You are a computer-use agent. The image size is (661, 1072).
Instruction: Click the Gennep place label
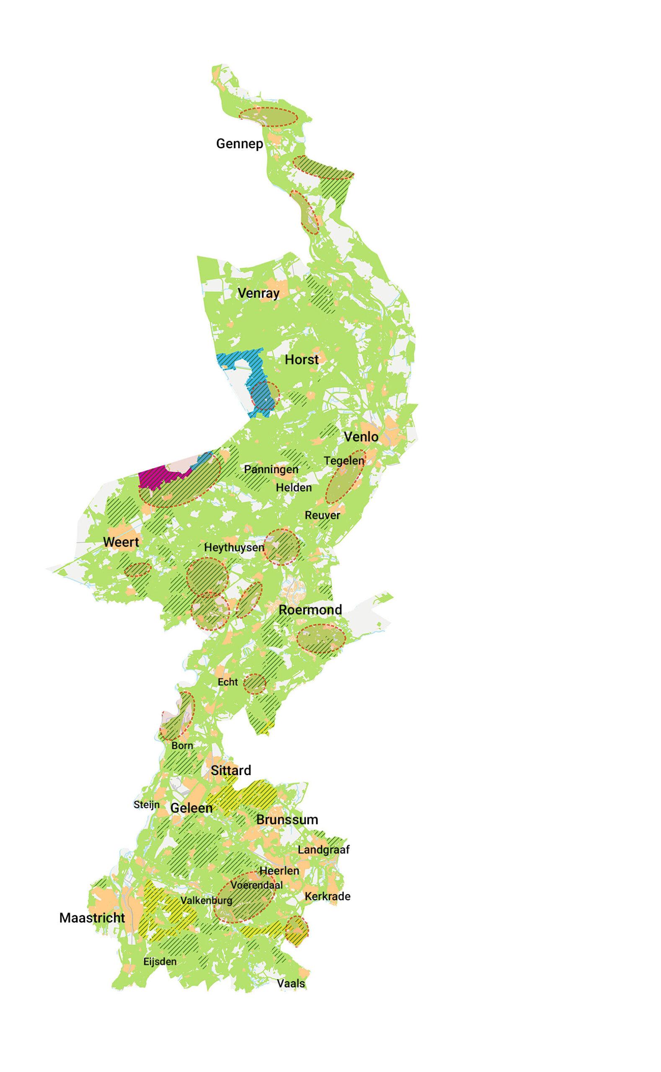click(240, 144)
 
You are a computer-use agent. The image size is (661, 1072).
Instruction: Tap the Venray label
click(258, 293)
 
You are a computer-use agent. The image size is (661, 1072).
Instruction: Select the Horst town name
click(302, 360)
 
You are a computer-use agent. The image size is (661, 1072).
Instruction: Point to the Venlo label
click(361, 437)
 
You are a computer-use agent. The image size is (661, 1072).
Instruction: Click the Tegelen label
click(343, 461)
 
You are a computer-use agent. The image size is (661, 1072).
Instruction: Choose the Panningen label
click(271, 469)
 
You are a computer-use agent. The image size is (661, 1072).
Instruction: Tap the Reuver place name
click(322, 515)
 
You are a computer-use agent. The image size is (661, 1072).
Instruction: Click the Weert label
click(121, 542)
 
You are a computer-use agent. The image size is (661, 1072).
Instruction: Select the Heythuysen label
click(234, 548)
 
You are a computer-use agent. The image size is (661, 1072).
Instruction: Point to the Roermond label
click(310, 610)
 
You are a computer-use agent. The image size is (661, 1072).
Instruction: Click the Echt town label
click(228, 682)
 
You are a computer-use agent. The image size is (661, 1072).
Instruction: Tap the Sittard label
click(231, 770)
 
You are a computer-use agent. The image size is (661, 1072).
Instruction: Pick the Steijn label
click(147, 804)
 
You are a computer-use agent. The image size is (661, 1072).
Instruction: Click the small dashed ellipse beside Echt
click(255, 684)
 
